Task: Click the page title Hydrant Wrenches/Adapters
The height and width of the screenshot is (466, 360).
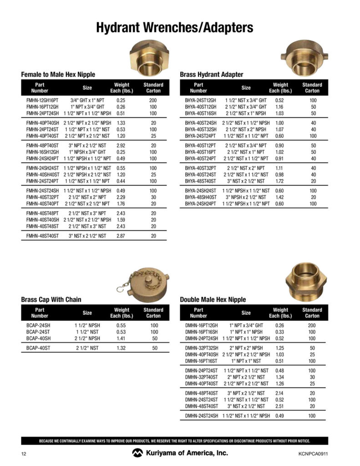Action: tap(174, 28)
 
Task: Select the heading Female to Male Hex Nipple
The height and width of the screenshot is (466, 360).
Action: tap(58, 74)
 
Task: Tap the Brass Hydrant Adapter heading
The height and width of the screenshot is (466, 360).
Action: tap(212, 74)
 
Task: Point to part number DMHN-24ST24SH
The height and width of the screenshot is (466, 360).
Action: tap(202, 415)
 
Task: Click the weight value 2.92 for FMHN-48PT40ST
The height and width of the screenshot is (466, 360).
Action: tap(121, 145)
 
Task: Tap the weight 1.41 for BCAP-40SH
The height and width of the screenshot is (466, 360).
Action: tap(121, 339)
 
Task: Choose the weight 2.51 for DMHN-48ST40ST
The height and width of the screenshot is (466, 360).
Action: tap(280, 406)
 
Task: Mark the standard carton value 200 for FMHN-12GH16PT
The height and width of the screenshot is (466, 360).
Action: tap(153, 100)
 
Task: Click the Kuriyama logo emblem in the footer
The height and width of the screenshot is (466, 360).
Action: tap(137, 453)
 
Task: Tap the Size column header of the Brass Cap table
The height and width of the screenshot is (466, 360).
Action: tap(87, 313)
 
